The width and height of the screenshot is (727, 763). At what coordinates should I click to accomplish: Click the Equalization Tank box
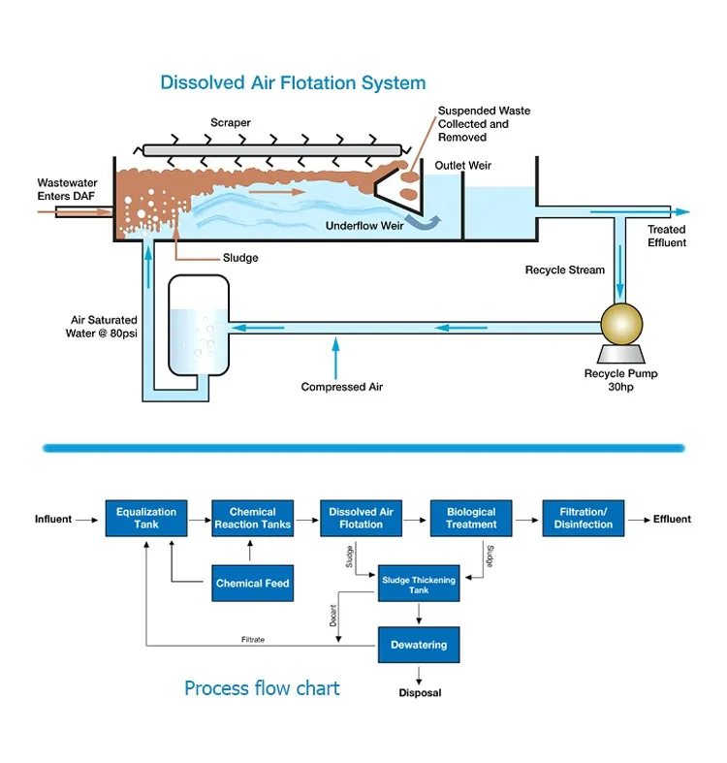coord(145,519)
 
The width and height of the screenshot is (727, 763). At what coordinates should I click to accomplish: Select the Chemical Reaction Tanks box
coord(252,519)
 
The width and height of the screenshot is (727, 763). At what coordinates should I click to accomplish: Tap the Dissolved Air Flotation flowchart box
coord(361,519)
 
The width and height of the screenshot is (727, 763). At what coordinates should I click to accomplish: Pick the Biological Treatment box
coord(471,519)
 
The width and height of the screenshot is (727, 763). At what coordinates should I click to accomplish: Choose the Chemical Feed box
coord(252,583)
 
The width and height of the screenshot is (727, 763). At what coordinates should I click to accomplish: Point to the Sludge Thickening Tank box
coord(418,585)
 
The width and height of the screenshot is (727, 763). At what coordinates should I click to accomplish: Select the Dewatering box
coord(418,644)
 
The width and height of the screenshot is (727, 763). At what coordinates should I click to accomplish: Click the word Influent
coord(53,520)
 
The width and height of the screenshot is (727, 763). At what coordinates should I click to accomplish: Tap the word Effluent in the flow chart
coord(672,520)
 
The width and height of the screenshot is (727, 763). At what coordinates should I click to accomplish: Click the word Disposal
coord(420,693)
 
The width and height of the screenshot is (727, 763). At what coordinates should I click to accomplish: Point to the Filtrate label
coord(253,640)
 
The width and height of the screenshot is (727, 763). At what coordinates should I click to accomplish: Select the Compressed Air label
coord(342,387)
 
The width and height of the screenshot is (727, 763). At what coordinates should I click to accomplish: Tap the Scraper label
coord(231,123)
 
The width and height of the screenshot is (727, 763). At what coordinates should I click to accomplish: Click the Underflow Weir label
coord(364,225)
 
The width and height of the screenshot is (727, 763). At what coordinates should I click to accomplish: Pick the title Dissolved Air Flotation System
coord(293,83)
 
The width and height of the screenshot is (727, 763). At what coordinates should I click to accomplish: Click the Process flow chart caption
coord(262,688)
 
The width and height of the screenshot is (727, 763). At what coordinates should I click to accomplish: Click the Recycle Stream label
coord(565,270)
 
